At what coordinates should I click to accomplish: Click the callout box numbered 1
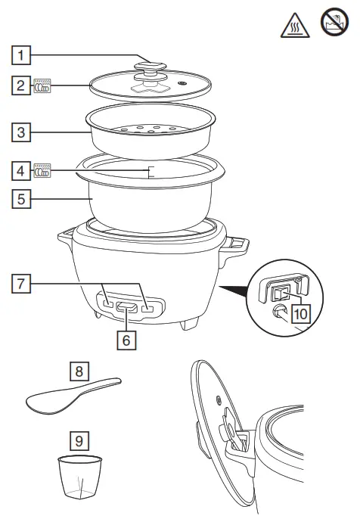pyautogui.click(x=23, y=55)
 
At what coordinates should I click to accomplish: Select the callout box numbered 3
pyautogui.click(x=23, y=133)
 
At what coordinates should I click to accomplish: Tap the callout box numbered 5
pyautogui.click(x=23, y=200)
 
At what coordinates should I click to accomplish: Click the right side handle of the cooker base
pyautogui.click(x=237, y=244)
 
